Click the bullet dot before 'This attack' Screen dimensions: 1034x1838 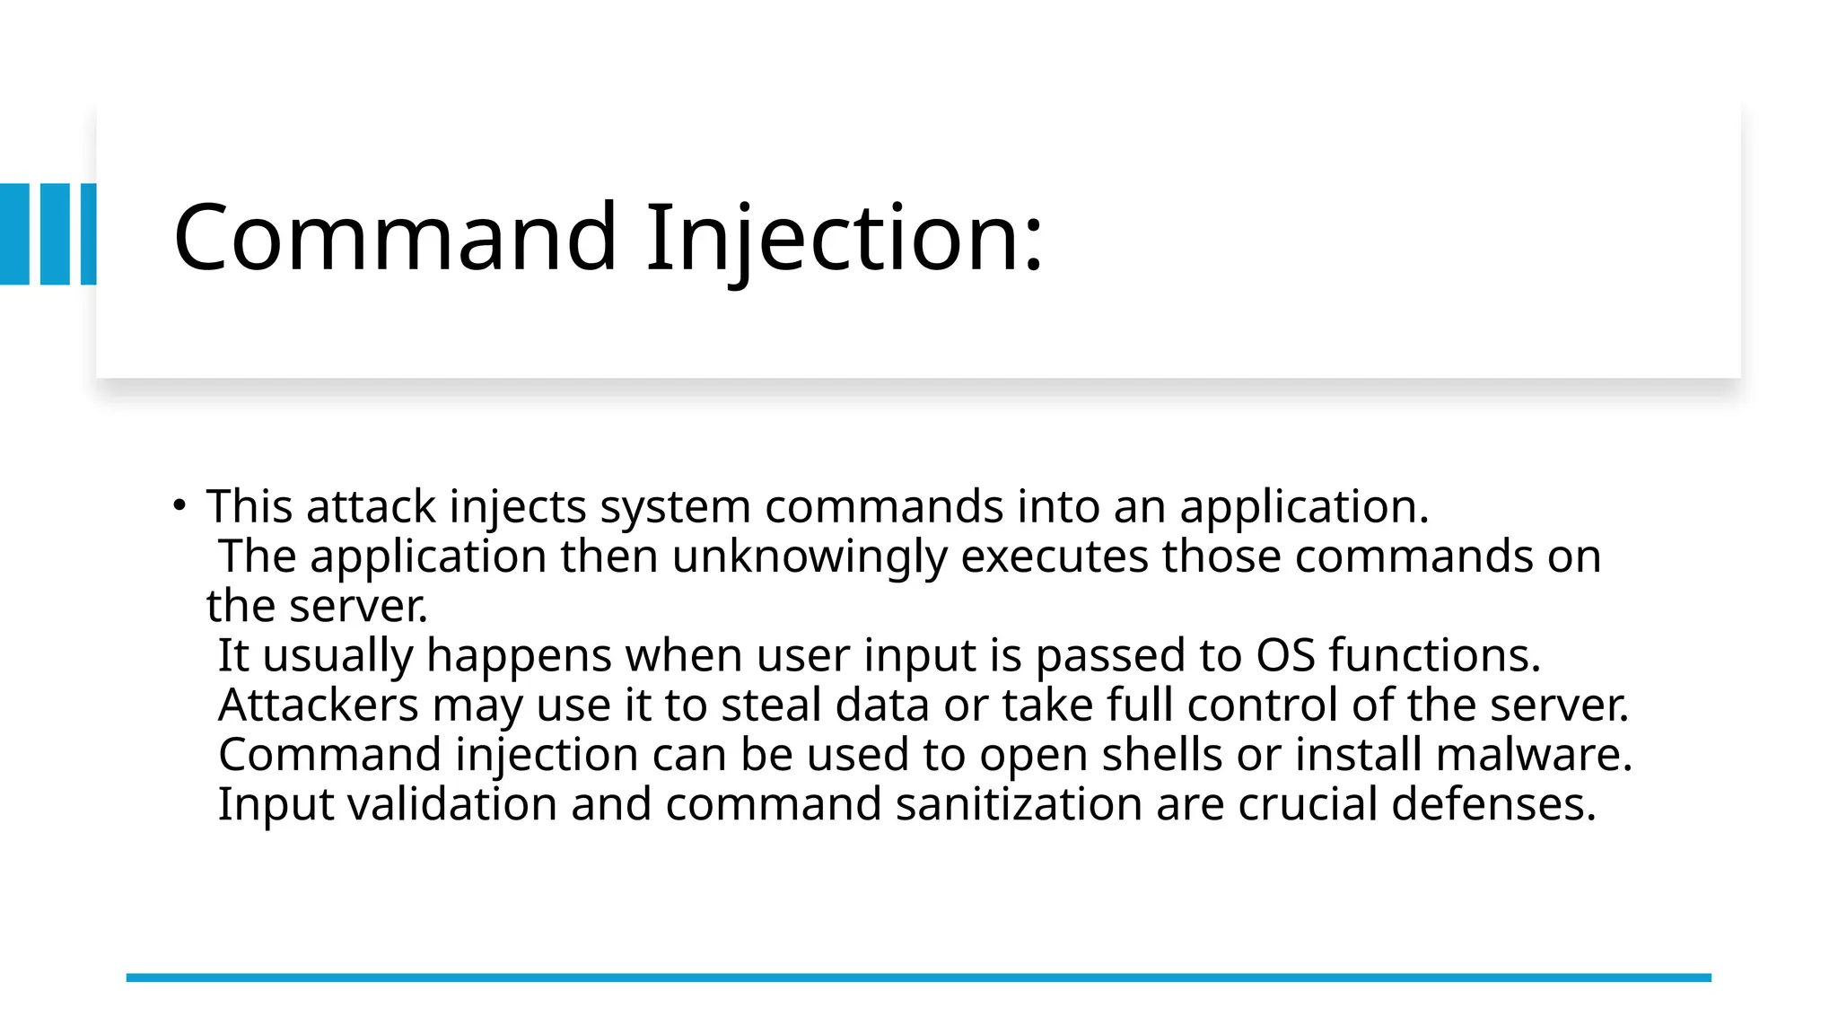point(179,505)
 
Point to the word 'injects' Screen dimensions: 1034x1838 point(517,507)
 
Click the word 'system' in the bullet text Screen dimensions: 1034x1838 point(675,507)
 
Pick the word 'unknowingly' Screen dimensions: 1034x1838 point(809,556)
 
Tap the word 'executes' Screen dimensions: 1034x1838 point(1054,556)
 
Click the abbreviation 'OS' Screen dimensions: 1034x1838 point(1285,655)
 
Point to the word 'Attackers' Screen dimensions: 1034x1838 point(318,705)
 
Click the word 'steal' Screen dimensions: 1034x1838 point(771,705)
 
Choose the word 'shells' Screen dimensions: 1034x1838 point(1161,754)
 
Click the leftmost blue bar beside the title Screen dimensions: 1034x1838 point(14,234)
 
